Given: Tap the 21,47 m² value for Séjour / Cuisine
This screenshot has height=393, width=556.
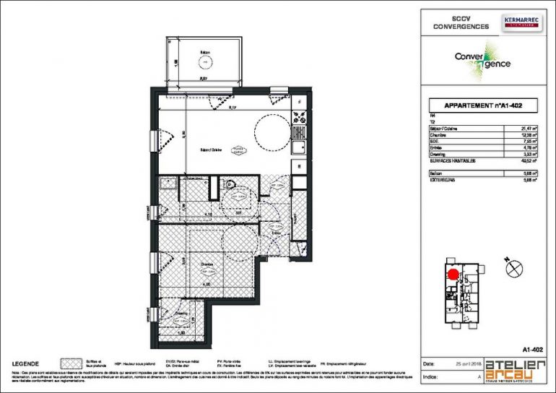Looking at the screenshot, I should [x=530, y=129].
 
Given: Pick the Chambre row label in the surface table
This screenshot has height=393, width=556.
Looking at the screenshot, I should [x=438, y=135].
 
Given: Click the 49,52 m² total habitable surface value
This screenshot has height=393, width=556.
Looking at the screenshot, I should [x=530, y=161].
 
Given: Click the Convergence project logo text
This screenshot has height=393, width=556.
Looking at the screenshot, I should [x=482, y=61].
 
